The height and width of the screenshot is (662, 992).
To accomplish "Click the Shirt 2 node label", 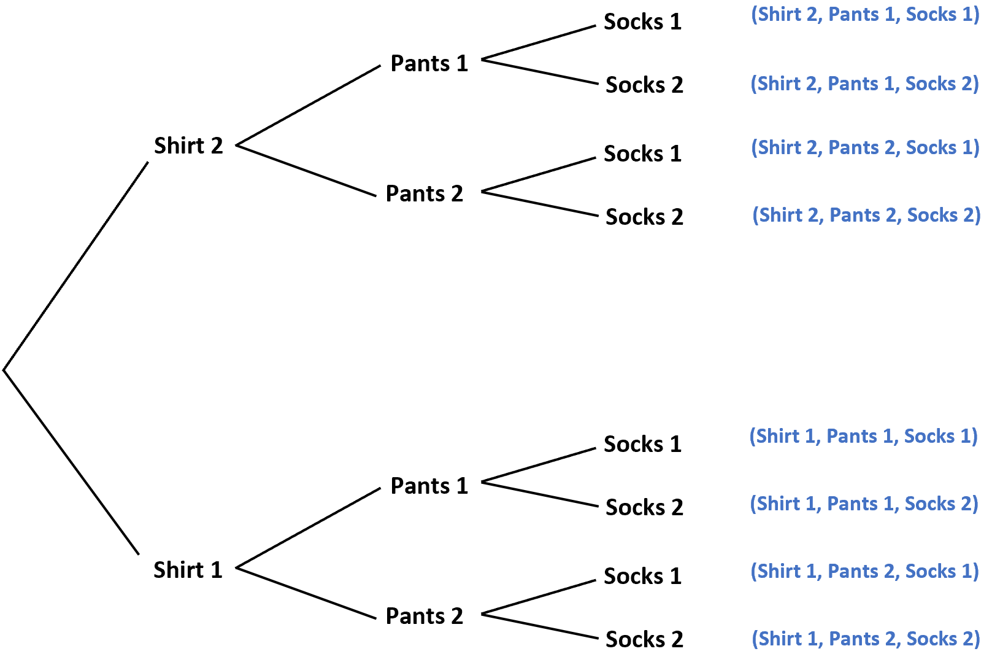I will [x=188, y=146].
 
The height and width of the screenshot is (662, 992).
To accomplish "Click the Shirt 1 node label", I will [x=188, y=570].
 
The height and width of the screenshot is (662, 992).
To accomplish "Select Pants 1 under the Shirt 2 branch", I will [x=429, y=63].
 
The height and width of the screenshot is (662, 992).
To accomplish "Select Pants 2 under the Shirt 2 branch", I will [x=424, y=193].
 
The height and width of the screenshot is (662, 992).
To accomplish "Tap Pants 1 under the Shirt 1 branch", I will [x=429, y=486].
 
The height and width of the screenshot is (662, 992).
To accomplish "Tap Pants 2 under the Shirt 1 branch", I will [x=424, y=616].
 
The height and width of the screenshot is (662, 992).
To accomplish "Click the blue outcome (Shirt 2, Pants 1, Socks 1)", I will [x=865, y=15].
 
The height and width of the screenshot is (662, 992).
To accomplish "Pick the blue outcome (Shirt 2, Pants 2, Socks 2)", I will [x=866, y=216].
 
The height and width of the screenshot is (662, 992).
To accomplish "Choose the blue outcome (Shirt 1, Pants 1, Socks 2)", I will [x=864, y=504].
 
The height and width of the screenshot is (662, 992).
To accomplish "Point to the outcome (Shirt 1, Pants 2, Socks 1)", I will [x=864, y=572].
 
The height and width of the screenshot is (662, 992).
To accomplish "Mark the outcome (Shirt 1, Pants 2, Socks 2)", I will [x=866, y=639].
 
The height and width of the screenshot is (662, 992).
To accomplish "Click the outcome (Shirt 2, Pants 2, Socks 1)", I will [x=865, y=148].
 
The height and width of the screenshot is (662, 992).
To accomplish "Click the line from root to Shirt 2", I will [x=76, y=265].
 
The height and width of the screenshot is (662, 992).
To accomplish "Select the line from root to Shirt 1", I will [x=71, y=462].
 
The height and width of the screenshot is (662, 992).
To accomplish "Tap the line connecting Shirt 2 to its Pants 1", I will [x=309, y=105].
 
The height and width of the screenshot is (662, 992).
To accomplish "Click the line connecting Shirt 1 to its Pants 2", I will [x=306, y=593].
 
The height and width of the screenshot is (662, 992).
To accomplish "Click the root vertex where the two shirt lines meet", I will [x=4, y=370].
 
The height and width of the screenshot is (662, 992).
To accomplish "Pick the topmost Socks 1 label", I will [x=642, y=22].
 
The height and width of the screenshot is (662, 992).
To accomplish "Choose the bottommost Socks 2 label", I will [x=644, y=640].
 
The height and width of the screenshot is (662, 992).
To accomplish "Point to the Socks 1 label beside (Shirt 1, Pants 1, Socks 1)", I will [x=642, y=445].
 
